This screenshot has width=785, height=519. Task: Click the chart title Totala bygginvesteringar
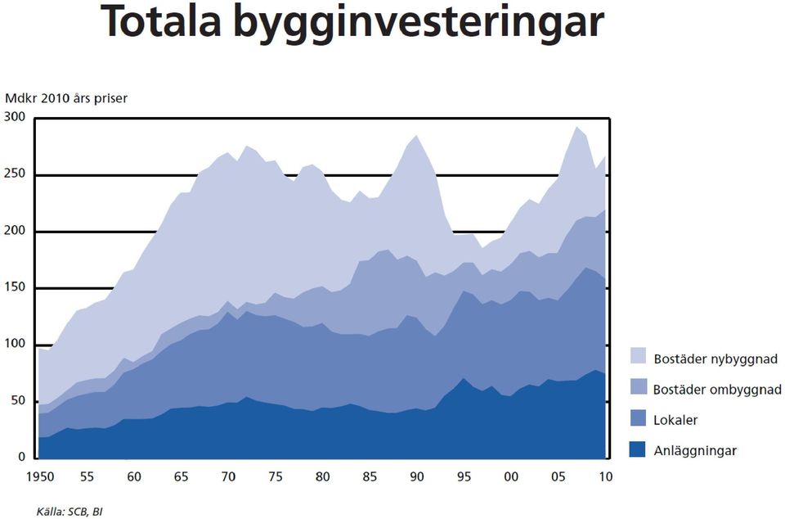[352, 23]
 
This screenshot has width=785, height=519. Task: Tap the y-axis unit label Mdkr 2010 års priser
[66, 98]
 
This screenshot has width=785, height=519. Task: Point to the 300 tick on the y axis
[15, 117]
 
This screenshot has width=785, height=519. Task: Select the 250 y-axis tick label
[15, 174]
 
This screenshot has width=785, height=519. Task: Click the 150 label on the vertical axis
[15, 287]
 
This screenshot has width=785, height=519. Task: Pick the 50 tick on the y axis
[17, 400]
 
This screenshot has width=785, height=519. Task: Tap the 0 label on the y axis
[21, 457]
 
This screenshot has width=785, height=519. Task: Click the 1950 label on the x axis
[40, 476]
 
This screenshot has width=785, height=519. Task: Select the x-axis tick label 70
[228, 476]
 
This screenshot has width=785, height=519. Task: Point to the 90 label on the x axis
[417, 476]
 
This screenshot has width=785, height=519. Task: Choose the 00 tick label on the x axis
[511, 476]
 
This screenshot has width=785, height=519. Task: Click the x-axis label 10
[606, 476]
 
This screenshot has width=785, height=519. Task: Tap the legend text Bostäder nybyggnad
[715, 359]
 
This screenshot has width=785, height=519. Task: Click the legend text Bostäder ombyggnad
[717, 390]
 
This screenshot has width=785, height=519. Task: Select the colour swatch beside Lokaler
[637, 418]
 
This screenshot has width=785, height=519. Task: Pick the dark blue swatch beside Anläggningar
[637, 449]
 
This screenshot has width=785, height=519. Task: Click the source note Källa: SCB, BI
[70, 512]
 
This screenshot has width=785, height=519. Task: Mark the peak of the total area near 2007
[576, 127]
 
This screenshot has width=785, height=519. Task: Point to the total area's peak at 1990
[416, 135]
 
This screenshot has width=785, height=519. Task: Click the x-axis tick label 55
[87, 476]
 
